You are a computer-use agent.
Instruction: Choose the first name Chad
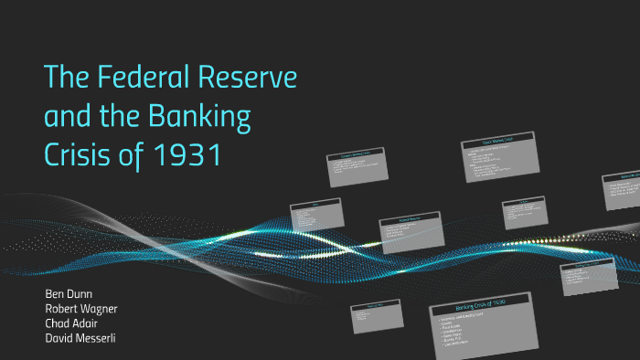(58, 323)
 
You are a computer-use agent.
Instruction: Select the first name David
(60, 337)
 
